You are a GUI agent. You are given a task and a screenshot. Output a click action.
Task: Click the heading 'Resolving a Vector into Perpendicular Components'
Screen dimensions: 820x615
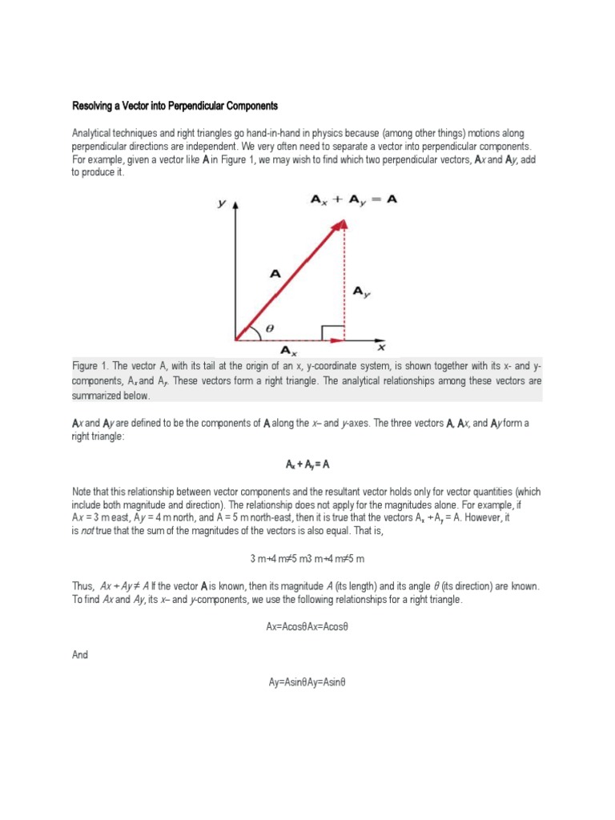pos(175,106)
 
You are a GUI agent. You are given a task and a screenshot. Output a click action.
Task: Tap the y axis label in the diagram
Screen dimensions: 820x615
pos(220,205)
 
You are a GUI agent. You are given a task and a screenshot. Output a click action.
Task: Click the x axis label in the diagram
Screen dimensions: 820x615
pos(381,347)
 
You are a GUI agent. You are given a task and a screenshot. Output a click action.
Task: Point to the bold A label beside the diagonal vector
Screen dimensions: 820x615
pos(275,274)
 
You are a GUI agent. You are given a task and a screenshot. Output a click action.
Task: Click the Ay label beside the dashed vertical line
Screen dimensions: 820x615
pos(362,293)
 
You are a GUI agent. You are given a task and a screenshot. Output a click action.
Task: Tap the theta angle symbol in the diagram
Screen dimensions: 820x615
pos(268,328)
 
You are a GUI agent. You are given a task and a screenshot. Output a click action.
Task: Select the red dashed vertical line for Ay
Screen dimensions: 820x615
pos(344,280)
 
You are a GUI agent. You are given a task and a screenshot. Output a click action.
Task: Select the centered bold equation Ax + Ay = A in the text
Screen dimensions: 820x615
pos(307,464)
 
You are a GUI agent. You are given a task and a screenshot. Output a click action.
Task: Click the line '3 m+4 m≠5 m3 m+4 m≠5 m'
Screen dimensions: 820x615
pos(307,557)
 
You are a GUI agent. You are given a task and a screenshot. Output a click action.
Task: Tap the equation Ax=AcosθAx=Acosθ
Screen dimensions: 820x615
pos(307,627)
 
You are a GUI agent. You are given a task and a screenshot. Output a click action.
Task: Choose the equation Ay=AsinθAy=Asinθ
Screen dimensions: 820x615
pos(307,682)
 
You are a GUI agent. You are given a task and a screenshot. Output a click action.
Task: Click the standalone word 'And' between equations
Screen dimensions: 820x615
pos(80,654)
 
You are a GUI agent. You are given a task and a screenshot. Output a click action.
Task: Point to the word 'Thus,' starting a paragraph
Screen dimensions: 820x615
pos(83,585)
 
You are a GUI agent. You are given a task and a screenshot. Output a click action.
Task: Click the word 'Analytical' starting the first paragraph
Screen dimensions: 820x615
pos(94,132)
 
